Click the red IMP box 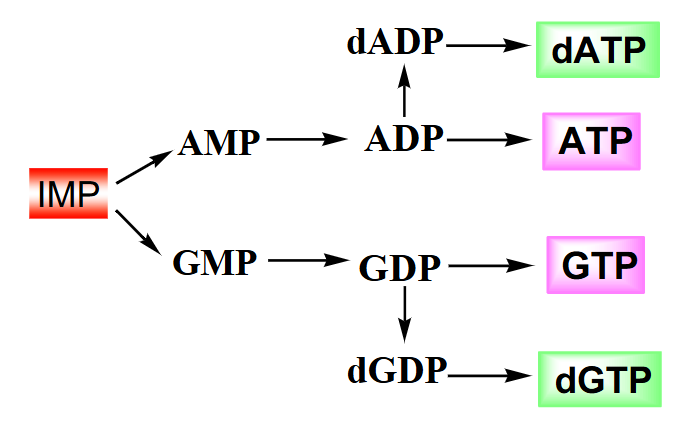click(68, 195)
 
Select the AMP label click(219, 143)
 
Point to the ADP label click(404, 139)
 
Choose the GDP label click(399, 268)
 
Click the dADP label click(396, 43)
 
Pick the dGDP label click(397, 371)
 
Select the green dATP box click(599, 49)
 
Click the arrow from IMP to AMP click(145, 168)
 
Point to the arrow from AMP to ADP click(305, 141)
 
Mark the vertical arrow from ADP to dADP click(404, 91)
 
